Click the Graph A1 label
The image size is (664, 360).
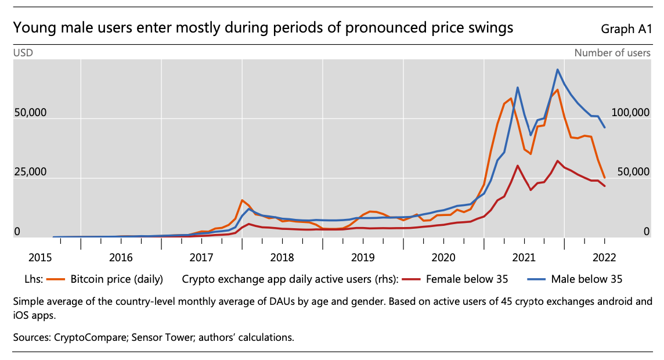627,28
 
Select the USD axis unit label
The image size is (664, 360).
23,53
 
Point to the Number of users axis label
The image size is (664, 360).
612,53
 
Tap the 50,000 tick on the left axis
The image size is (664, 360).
30,113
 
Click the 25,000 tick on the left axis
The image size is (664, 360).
30,172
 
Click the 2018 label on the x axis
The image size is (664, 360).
282,256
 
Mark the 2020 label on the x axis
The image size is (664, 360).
443,256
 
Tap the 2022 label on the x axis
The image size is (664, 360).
605,256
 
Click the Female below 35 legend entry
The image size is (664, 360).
467,279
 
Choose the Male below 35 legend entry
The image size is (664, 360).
588,279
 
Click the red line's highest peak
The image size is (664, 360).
558,161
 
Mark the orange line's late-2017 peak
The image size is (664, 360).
242,200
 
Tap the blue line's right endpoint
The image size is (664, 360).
605,128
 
